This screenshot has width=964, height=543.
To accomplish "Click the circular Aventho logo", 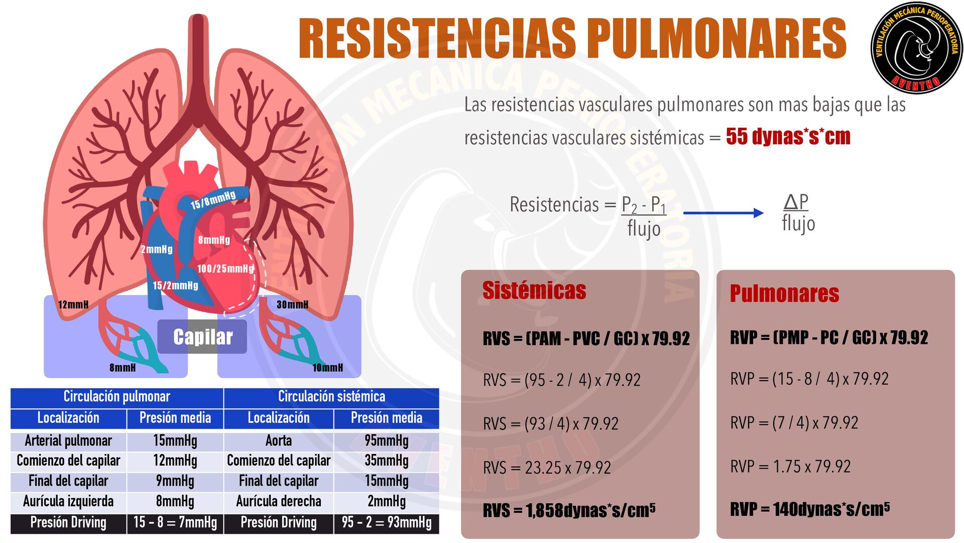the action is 917,48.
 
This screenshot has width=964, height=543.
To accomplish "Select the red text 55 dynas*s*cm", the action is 788,137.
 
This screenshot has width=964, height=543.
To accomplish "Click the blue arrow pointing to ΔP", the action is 723,213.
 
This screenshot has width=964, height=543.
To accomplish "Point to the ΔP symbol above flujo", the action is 796,202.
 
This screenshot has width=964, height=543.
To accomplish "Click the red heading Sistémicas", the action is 534,291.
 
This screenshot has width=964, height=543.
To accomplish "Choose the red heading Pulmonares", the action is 784,294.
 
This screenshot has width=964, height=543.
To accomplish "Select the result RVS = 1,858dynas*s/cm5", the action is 568,510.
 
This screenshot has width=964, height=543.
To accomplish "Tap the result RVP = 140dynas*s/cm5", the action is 809,509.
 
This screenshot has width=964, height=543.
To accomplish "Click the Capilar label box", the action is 202,336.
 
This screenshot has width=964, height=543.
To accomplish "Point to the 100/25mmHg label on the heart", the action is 225,268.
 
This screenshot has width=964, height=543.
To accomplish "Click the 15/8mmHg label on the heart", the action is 213,200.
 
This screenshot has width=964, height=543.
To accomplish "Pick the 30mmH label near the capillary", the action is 292,305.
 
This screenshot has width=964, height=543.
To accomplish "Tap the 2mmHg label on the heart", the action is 157,249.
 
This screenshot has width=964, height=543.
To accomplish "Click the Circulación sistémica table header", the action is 331,397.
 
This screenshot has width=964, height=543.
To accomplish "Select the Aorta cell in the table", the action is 278,441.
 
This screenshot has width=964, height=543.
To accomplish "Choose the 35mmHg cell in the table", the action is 386,461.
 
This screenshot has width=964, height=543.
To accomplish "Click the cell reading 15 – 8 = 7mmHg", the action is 175,522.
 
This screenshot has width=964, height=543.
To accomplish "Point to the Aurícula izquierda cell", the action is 68,501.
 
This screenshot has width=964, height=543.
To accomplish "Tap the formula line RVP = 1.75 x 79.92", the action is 790,467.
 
